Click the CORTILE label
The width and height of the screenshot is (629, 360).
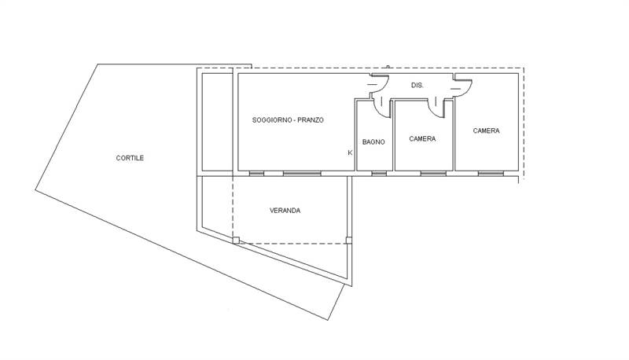click(130, 158)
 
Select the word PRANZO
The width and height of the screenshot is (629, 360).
click(311, 119)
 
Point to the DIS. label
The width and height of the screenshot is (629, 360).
click(417, 86)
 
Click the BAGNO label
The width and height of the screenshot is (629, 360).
click(373, 142)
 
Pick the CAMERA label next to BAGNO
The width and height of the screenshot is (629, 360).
click(422, 138)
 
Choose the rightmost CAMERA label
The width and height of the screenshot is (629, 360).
click(486, 130)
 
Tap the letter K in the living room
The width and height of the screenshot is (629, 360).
click(350, 152)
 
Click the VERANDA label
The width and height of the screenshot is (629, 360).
click(285, 211)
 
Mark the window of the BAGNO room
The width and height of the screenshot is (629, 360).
click(379, 174)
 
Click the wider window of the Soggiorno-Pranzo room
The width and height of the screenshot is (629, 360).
click(302, 174)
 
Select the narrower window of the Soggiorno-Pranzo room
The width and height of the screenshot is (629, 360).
click(256, 174)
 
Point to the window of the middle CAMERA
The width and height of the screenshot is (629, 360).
click(433, 174)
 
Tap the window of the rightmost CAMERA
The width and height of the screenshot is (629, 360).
click(490, 174)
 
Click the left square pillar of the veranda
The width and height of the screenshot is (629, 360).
click(236, 241)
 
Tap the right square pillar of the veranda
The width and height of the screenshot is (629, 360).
click(349, 241)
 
